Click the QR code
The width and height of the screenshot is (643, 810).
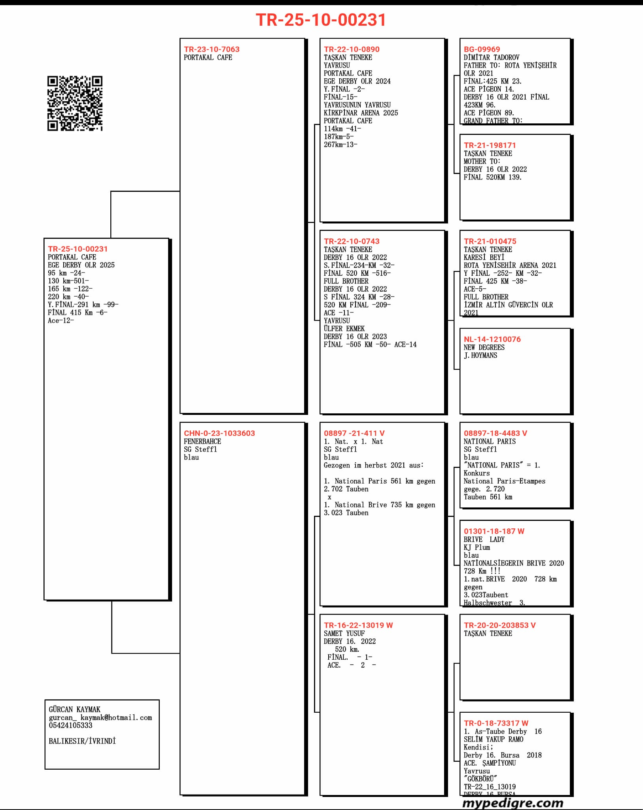75,103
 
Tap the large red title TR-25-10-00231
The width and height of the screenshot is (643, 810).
321,20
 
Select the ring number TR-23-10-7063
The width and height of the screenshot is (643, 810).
212,49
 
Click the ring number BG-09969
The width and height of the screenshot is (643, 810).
482,49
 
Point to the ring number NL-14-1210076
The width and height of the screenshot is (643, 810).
492,339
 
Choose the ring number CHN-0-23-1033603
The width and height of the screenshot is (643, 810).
219,433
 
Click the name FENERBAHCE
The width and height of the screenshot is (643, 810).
202,441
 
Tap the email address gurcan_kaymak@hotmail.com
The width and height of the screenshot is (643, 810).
100,717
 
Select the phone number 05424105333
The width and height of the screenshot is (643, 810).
70,725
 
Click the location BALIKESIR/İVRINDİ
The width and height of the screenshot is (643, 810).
82,741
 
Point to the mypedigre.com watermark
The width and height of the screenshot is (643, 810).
513,803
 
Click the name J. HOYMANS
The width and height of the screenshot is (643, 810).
480,356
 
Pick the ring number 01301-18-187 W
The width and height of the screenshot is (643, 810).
494,531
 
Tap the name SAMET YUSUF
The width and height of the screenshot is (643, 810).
344,633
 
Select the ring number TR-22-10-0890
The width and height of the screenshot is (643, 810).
352,49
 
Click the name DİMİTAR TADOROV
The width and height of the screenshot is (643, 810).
492,57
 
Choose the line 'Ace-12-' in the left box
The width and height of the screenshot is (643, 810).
61,321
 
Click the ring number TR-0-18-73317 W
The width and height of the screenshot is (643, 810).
496,723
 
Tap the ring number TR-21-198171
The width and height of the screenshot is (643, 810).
490,145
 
